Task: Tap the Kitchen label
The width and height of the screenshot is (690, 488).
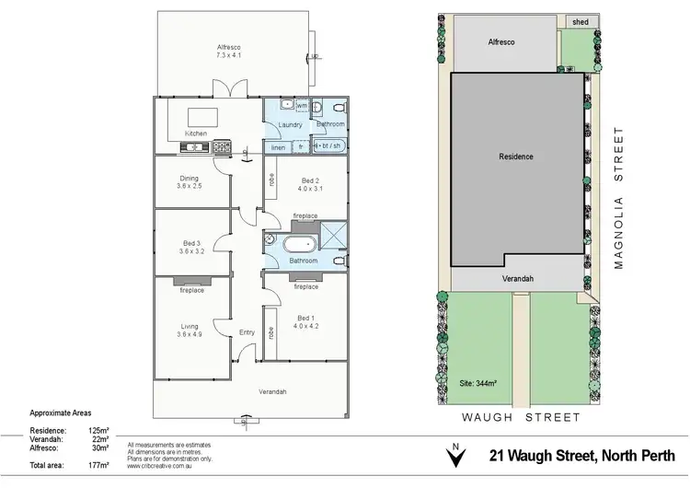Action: (x=196, y=134)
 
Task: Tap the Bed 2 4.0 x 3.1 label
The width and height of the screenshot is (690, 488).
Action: (x=310, y=184)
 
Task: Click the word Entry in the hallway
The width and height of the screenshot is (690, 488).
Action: (x=247, y=332)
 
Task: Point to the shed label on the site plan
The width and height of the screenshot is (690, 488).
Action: (x=580, y=21)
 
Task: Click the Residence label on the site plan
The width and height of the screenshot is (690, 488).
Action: (x=516, y=157)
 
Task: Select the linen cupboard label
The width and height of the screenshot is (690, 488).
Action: (x=277, y=147)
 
